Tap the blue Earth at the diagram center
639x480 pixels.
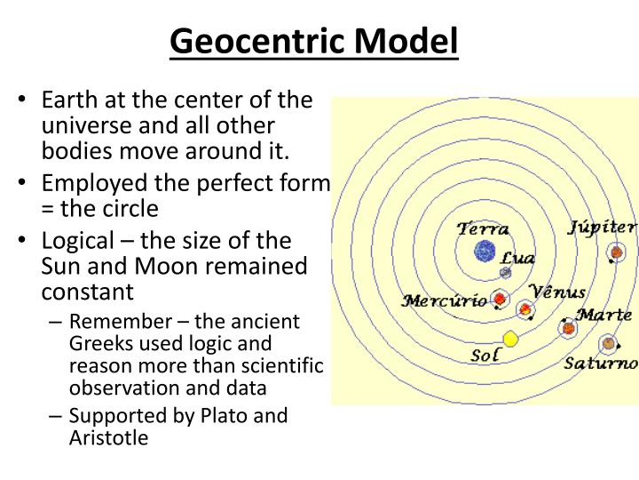pos(485,252)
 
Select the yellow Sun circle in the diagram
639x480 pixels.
pos(510,339)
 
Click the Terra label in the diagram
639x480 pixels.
pos(483,228)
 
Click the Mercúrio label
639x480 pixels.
pos(444,300)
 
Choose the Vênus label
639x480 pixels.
pos(556,292)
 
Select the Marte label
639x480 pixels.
pos(603,315)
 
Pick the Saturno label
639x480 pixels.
pos(601,363)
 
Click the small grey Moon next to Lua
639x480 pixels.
pos(505,273)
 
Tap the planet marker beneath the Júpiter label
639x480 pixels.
pos(616,253)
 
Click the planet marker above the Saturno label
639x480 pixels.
pos(607,342)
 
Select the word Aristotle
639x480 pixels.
pos(109,437)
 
